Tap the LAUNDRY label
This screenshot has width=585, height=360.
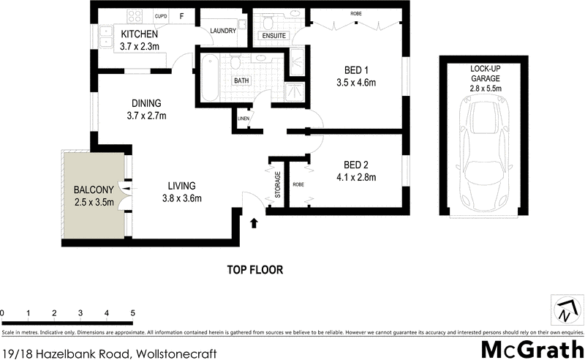(222, 31)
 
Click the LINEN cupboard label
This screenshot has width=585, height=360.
(243, 119)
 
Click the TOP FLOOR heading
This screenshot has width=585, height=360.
(254, 269)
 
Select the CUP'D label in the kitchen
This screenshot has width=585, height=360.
(161, 15)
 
